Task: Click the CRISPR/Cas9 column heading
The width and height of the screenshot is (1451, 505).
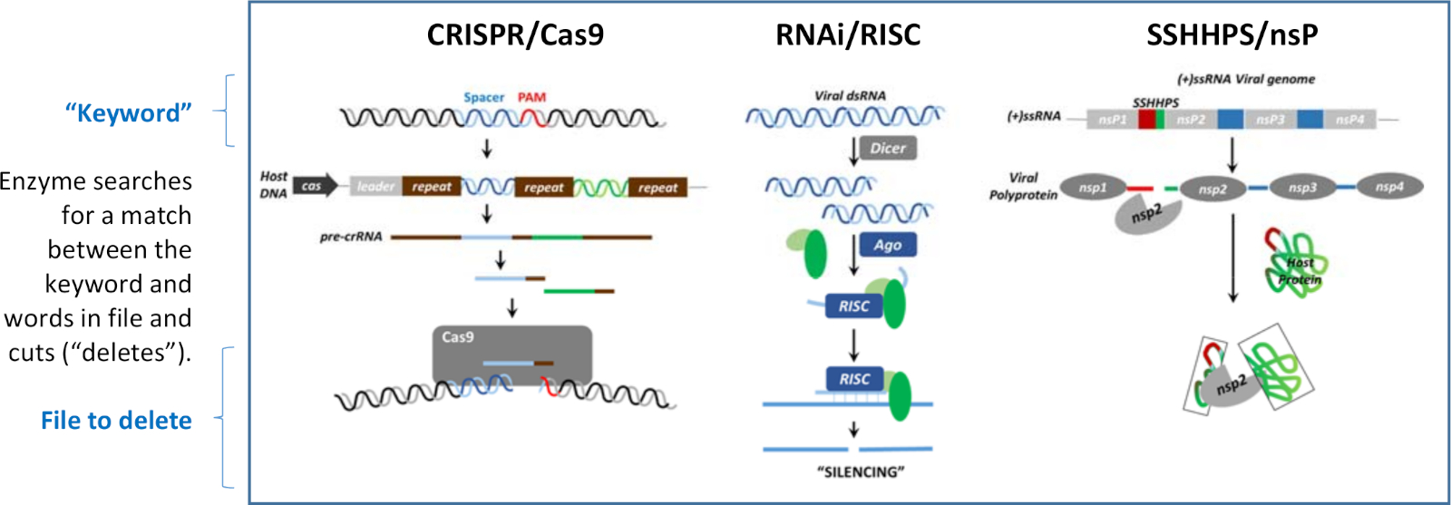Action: tap(515, 35)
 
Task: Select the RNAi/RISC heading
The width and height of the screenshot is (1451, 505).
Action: tap(848, 35)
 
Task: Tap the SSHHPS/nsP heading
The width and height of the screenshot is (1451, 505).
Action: tap(1232, 35)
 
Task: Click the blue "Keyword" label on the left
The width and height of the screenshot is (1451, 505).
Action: tap(128, 113)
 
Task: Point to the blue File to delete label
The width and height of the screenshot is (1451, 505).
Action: tap(116, 421)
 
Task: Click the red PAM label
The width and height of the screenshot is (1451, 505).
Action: tap(531, 97)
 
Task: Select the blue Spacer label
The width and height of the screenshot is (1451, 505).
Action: tap(483, 97)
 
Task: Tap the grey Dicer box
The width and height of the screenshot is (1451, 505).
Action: tap(888, 149)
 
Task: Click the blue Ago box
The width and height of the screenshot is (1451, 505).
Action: tap(888, 245)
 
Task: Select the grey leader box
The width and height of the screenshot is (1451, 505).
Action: tap(375, 187)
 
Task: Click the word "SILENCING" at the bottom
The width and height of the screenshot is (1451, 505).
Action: tap(861, 471)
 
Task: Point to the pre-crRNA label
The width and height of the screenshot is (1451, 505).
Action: tap(351, 237)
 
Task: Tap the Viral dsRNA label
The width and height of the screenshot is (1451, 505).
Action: tap(850, 95)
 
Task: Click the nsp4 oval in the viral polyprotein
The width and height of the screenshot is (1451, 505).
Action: tap(1389, 187)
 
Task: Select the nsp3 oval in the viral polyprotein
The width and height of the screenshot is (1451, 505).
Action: tap(1302, 188)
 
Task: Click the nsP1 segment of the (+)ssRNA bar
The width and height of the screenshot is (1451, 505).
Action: tap(1112, 120)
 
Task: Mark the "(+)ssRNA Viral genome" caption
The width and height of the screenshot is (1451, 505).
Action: tap(1246, 79)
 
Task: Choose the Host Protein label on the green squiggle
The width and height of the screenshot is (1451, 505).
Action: tap(1300, 271)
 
